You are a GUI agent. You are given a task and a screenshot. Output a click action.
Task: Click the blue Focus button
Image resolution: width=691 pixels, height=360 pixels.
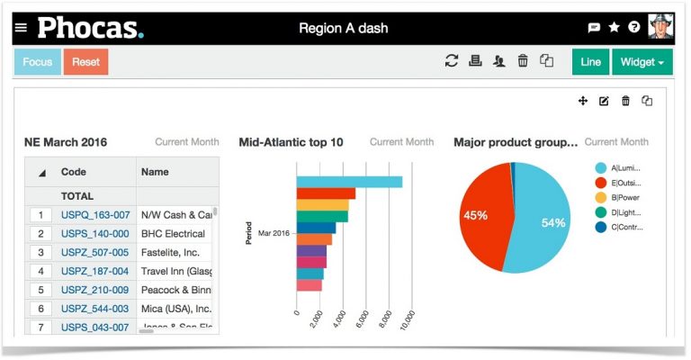(38, 62)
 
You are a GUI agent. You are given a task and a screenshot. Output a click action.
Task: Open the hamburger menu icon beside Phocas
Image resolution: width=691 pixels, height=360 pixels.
(21, 28)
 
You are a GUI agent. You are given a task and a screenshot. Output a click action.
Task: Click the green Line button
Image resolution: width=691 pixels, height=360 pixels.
(590, 62)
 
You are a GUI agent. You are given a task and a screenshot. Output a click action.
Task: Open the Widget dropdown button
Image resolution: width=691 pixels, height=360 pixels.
(642, 62)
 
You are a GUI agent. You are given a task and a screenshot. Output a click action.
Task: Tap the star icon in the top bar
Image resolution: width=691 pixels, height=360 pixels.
(615, 28)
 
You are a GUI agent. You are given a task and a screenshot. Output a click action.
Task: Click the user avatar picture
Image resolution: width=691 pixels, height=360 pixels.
(661, 27)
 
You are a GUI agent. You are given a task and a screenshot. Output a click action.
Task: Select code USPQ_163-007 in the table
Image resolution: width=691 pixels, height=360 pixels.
(95, 215)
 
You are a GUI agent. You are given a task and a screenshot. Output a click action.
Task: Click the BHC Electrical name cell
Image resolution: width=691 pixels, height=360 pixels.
(174, 234)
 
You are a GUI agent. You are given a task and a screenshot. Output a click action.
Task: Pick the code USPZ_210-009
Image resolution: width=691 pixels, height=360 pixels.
(95, 290)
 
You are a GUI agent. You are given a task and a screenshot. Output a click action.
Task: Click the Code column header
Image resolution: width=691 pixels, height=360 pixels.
(74, 172)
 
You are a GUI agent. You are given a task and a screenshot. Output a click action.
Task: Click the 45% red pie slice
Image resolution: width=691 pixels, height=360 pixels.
(477, 216)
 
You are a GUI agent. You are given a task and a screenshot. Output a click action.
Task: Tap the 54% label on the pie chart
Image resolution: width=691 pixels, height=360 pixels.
(553, 223)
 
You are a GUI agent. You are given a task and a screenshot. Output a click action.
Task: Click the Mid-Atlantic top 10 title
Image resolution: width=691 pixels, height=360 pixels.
(291, 142)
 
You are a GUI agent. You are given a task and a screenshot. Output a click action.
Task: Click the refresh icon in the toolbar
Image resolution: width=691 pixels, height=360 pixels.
(452, 61)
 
